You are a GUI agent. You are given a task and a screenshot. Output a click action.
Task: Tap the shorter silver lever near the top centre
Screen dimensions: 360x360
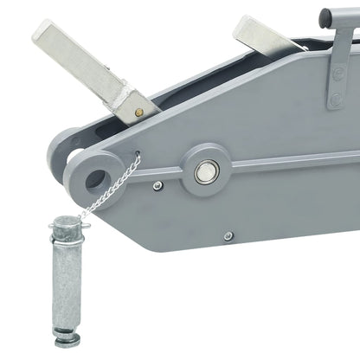tap(269, 35)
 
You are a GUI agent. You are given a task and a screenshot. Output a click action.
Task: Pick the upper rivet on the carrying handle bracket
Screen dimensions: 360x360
tap(337, 74)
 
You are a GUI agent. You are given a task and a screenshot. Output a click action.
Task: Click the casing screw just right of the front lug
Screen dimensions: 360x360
tap(157, 185)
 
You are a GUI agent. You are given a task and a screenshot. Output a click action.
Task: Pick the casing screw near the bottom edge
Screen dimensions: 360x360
tap(227, 235)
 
